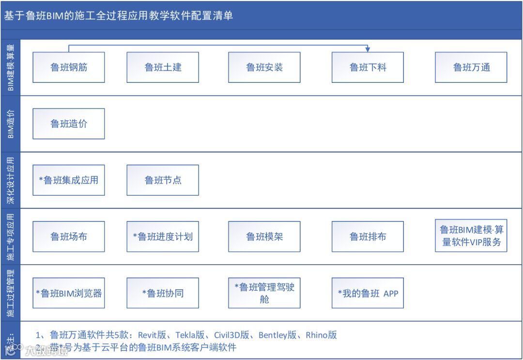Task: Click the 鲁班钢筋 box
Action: click(x=69, y=67)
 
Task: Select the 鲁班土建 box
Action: click(x=163, y=67)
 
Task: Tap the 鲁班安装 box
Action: click(x=264, y=67)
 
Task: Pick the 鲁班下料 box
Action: click(x=368, y=67)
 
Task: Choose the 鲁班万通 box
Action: click(x=471, y=67)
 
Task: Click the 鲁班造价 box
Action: click(x=69, y=124)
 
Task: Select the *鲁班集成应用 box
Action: click(x=69, y=180)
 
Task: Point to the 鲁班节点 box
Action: click(x=163, y=180)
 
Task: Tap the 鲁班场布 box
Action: click(x=69, y=236)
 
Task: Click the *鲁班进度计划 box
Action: click(x=163, y=236)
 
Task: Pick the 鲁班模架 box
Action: click(x=264, y=236)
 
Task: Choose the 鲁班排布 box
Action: click(x=368, y=236)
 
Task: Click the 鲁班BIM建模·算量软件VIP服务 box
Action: click(x=471, y=236)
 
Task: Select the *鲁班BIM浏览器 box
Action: click(x=69, y=293)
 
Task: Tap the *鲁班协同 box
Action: click(x=163, y=293)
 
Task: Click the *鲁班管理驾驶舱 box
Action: click(x=264, y=293)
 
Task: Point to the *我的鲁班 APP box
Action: click(x=368, y=293)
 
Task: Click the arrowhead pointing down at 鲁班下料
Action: click(x=368, y=49)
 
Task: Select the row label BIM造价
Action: click(x=11, y=124)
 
